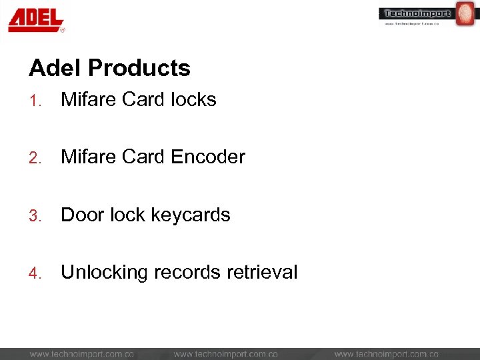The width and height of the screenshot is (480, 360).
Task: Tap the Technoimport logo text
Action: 417,13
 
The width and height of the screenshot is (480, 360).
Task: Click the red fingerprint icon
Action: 464,14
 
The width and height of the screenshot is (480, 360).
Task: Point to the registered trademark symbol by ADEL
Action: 63,30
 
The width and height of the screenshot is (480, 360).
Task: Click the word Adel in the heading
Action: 55,68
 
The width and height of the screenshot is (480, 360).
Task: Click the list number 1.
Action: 35,101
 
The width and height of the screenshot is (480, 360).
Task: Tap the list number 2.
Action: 35,158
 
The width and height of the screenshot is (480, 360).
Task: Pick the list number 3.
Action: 35,216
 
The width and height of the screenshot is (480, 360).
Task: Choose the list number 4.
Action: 35,273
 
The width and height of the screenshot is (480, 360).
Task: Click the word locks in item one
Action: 193,100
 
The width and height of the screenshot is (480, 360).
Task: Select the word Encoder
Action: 208,157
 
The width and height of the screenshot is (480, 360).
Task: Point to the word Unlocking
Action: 104,273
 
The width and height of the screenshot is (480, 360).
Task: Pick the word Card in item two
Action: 144,157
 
